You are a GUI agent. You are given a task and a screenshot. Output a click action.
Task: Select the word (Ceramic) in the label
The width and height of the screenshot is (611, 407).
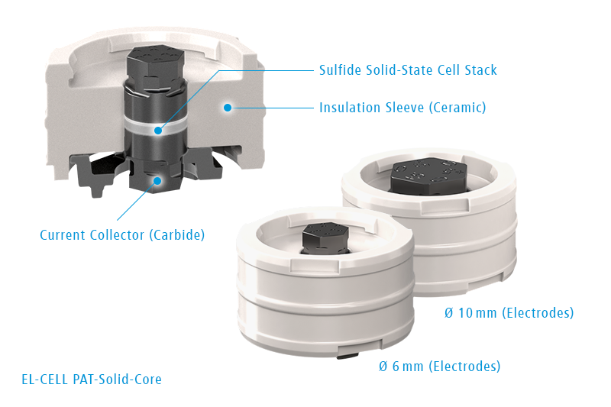(457, 108)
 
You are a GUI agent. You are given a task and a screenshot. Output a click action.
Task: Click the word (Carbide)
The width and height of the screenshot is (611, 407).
(177, 235)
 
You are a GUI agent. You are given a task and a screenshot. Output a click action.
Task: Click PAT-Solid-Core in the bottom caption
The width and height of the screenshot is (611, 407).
(118, 380)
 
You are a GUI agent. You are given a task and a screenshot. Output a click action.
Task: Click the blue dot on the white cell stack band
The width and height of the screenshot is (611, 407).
(158, 131)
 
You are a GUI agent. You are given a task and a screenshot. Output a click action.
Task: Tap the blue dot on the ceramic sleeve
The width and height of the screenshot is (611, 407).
(228, 108)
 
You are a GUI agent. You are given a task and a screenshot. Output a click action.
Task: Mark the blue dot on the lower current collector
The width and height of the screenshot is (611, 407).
(157, 181)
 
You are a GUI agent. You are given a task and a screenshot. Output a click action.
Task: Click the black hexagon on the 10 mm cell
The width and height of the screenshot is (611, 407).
(428, 176)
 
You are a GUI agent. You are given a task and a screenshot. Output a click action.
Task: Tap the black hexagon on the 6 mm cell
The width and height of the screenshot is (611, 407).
(325, 237)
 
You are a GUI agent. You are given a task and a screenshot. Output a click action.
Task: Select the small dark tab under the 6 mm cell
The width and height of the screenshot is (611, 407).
(348, 355)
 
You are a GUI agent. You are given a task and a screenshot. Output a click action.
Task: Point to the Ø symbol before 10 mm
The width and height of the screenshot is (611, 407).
(449, 313)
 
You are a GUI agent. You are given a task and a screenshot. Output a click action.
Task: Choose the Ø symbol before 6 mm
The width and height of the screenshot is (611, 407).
(383, 366)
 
